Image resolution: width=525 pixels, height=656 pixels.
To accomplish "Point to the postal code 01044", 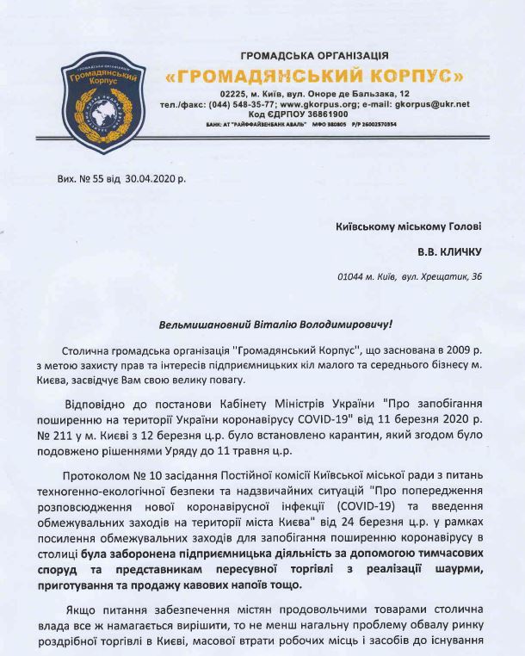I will (x=352, y=277).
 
